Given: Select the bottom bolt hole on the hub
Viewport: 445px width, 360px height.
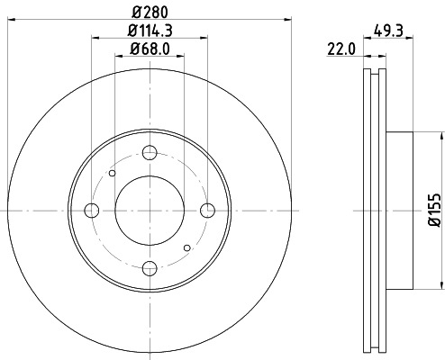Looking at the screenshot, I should (150, 267).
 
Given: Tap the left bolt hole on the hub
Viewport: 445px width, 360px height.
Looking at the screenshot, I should (92, 211).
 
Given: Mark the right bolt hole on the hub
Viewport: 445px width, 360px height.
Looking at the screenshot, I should (207, 211).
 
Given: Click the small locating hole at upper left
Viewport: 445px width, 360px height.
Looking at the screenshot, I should (113, 173).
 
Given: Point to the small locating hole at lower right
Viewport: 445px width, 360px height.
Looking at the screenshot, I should (186, 247).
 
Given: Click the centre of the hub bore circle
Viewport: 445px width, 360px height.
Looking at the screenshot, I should (150, 211).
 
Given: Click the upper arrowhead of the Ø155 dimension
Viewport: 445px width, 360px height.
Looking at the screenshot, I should (441, 136).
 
